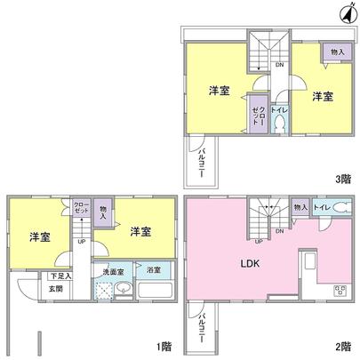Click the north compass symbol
tap(346, 12)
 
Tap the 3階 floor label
tap(345, 179)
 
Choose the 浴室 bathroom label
tap(154, 268)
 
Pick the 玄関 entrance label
tap(55, 288)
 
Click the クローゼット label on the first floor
tap(79, 206)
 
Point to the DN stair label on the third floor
tap(278, 64)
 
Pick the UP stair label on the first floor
tap(82, 240)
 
